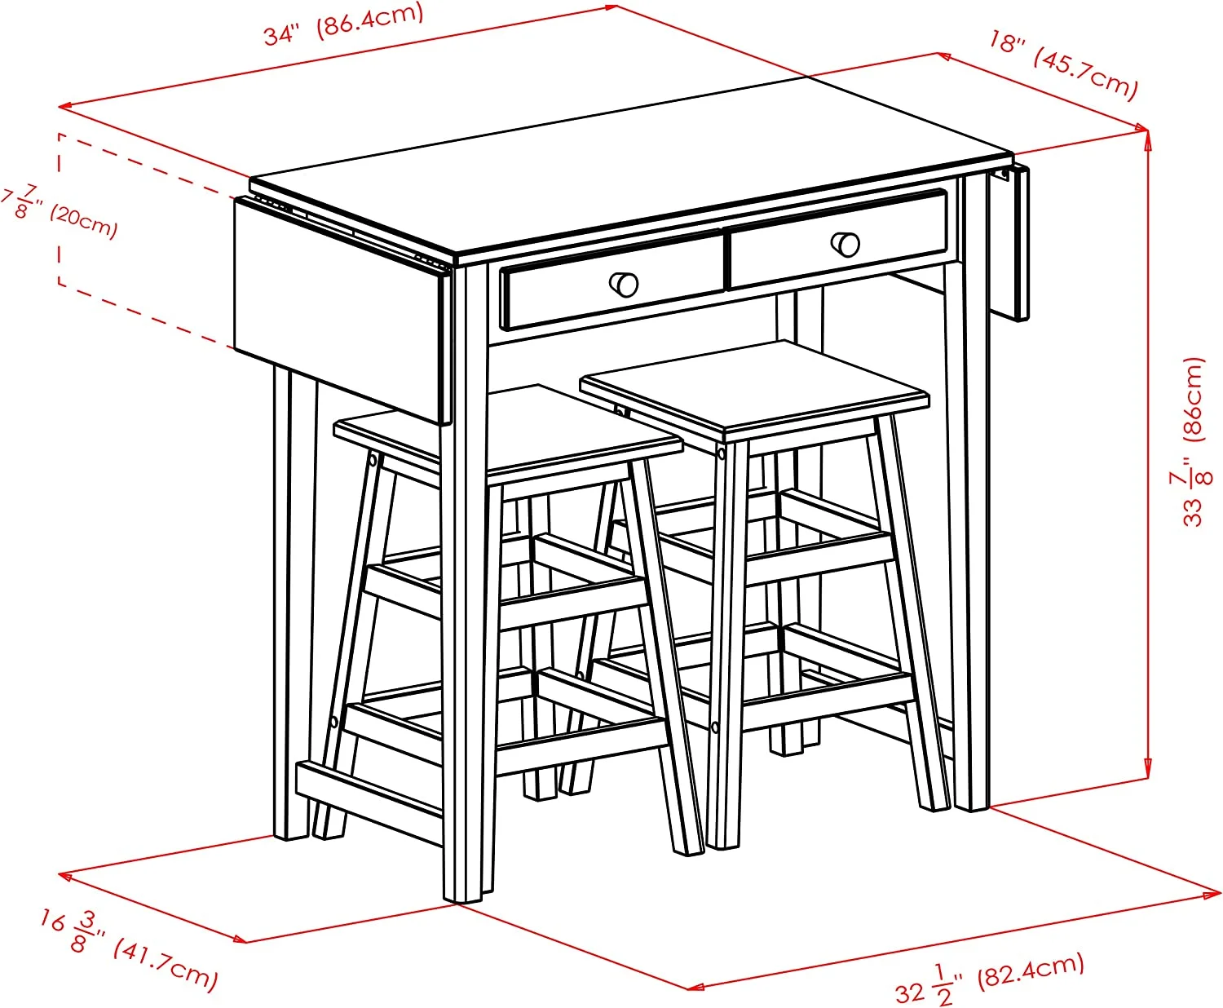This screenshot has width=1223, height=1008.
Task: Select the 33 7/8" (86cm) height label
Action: pos(1192,441)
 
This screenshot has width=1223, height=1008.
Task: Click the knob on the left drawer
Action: pos(625,284)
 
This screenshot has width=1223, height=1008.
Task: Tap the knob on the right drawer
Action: pos(846,243)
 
